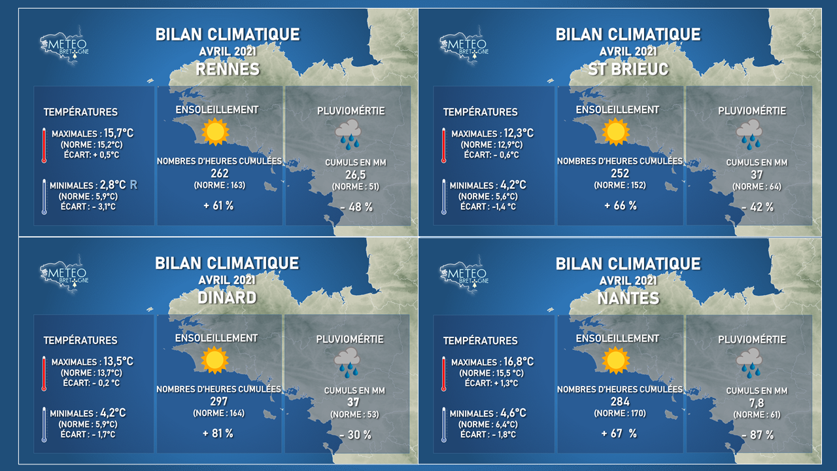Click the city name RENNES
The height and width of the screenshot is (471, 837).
pyautogui.click(x=228, y=69)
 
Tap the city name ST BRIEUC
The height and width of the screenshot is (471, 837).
pyautogui.click(x=628, y=69)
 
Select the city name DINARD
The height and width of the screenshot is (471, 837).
pyautogui.click(x=227, y=298)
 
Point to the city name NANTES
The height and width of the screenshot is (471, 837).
pyautogui.click(x=628, y=298)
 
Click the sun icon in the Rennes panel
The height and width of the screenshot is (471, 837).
pyautogui.click(x=215, y=131)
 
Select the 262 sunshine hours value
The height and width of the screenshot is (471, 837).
pyautogui.click(x=219, y=173)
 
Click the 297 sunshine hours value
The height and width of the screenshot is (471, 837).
pyautogui.click(x=218, y=402)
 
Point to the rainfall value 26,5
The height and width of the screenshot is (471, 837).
pyautogui.click(x=355, y=175)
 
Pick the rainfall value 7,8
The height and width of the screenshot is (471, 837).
pyautogui.click(x=757, y=403)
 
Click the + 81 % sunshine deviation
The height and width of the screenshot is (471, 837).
pyautogui.click(x=218, y=434)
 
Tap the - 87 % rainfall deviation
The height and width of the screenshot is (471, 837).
pyautogui.click(x=757, y=435)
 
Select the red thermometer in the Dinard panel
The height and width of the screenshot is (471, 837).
pyautogui.click(x=44, y=374)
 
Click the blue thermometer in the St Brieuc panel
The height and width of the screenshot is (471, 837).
pyautogui.click(x=444, y=197)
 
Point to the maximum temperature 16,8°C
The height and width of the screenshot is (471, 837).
pyautogui.click(x=519, y=362)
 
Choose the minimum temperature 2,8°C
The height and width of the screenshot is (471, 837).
pyautogui.click(x=113, y=184)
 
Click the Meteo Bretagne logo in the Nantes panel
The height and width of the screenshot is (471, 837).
pyautogui.click(x=464, y=274)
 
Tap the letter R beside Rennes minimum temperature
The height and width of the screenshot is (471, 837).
pyautogui.click(x=133, y=184)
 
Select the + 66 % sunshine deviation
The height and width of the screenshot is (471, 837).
pyautogui.click(x=621, y=205)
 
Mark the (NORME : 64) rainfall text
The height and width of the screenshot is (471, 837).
pyautogui.click(x=757, y=186)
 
